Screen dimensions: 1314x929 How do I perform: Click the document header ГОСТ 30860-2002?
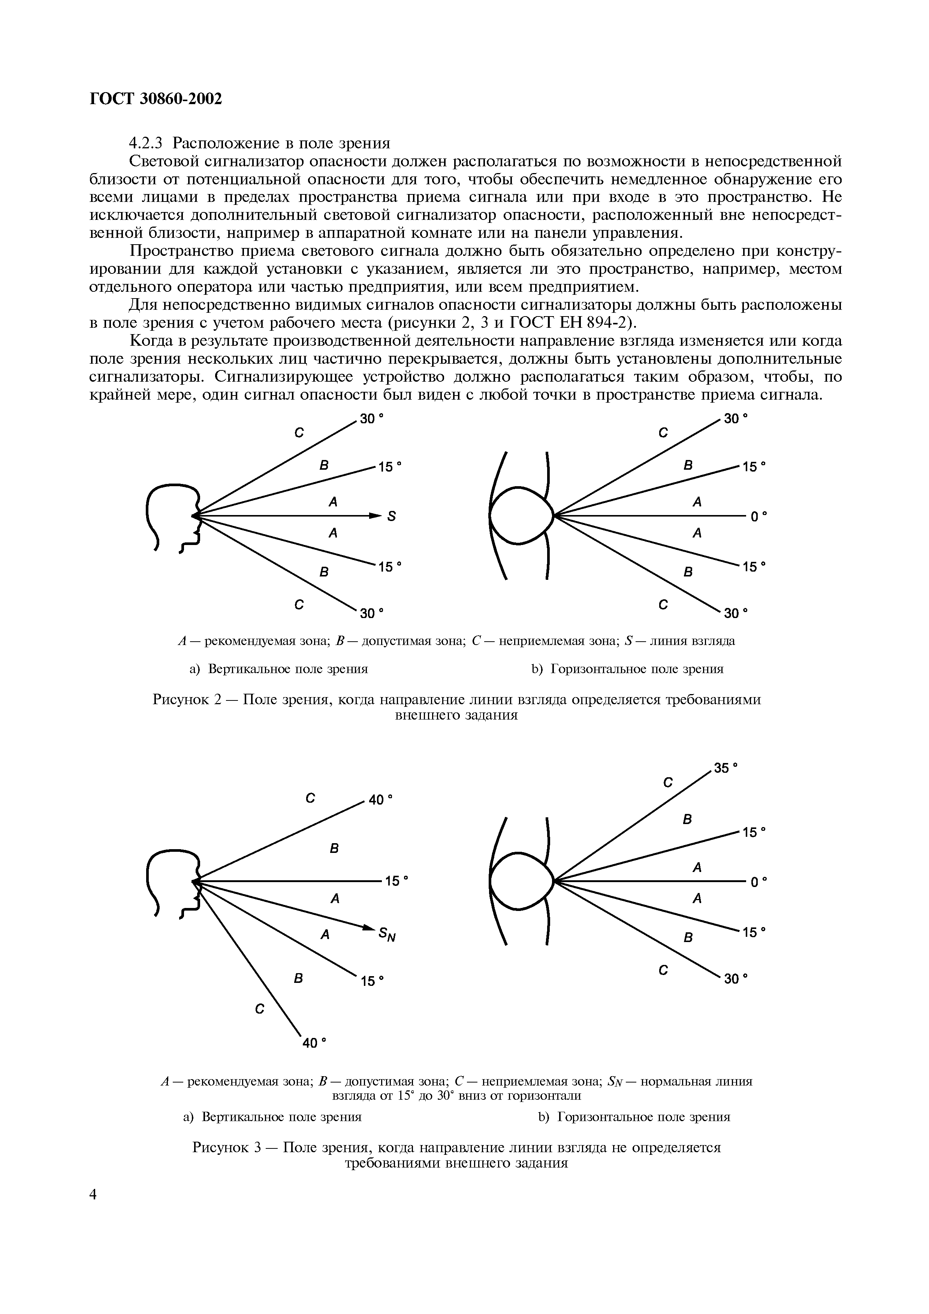[x=156, y=99]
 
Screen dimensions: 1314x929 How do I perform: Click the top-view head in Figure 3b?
[x=521, y=880]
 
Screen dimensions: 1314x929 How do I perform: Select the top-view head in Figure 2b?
[x=521, y=515]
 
